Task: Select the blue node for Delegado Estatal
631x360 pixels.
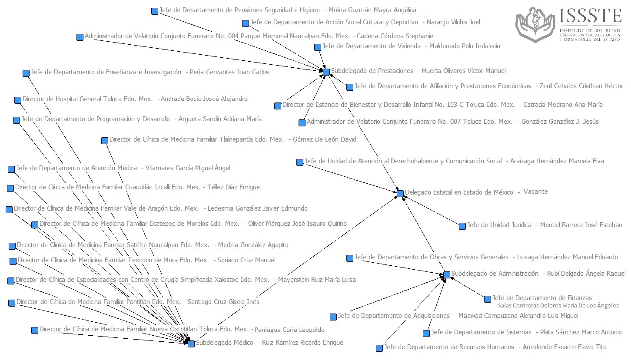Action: tap(400, 193)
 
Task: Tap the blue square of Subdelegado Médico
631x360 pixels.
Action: tap(191, 343)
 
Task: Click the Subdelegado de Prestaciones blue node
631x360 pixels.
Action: tap(326, 71)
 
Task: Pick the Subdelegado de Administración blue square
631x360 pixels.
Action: tap(447, 274)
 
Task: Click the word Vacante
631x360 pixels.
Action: tap(535, 192)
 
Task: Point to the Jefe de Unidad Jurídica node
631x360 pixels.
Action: tap(462, 226)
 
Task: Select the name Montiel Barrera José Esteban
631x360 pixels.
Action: tap(581, 225)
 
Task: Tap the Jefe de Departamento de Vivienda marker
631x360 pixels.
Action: tap(318, 47)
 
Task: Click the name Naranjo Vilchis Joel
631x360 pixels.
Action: tap(453, 22)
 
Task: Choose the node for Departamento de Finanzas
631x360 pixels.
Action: tap(488, 299)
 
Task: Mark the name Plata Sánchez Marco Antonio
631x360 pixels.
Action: tap(581, 332)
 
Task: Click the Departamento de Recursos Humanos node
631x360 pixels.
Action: tap(379, 348)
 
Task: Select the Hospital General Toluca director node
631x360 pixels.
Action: tap(18, 100)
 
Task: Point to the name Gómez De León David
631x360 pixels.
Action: tap(325, 139)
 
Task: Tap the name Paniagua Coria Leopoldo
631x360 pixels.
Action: tap(289, 330)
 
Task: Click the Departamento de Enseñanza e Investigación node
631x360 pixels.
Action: tap(26, 73)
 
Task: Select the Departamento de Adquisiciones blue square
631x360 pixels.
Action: tap(333, 317)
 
